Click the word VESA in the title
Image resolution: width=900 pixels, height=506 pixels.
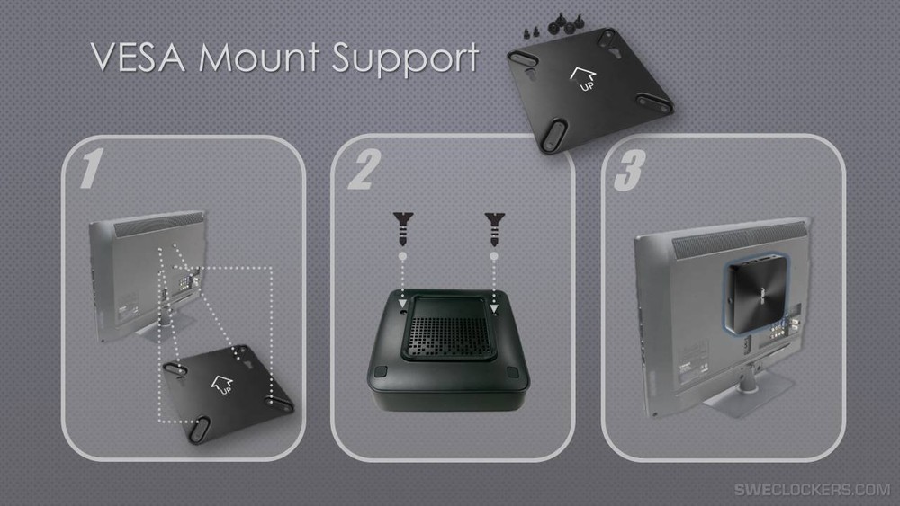(x=139, y=58)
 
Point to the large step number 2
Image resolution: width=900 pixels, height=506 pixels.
(x=364, y=169)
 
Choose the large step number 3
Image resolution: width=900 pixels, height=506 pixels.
(x=630, y=171)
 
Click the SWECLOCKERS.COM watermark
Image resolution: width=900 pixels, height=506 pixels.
(x=812, y=490)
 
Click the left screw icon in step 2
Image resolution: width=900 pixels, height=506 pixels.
(x=403, y=228)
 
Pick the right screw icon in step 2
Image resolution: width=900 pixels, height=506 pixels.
(x=494, y=228)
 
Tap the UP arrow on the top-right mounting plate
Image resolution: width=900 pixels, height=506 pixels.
(x=583, y=79)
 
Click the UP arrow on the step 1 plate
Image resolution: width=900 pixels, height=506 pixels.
(x=221, y=385)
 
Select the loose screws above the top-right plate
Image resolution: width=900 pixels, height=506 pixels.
(x=553, y=26)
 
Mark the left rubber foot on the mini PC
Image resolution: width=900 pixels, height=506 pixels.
(x=381, y=371)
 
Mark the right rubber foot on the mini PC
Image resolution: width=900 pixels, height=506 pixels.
(x=513, y=372)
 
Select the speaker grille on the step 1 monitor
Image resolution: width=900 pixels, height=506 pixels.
(x=159, y=224)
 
